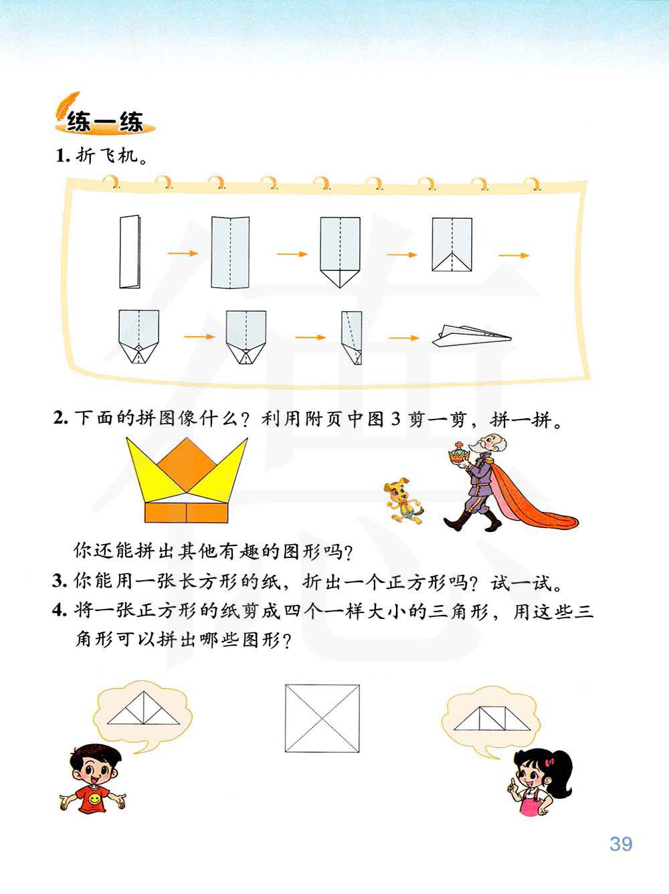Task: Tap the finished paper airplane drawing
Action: (x=472, y=336)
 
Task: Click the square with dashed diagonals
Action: (x=322, y=718)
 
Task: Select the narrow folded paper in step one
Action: (x=130, y=252)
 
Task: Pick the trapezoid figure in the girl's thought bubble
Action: (x=492, y=719)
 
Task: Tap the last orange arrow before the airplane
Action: (x=404, y=338)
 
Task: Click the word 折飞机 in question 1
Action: (x=107, y=156)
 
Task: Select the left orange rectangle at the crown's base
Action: (x=165, y=513)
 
